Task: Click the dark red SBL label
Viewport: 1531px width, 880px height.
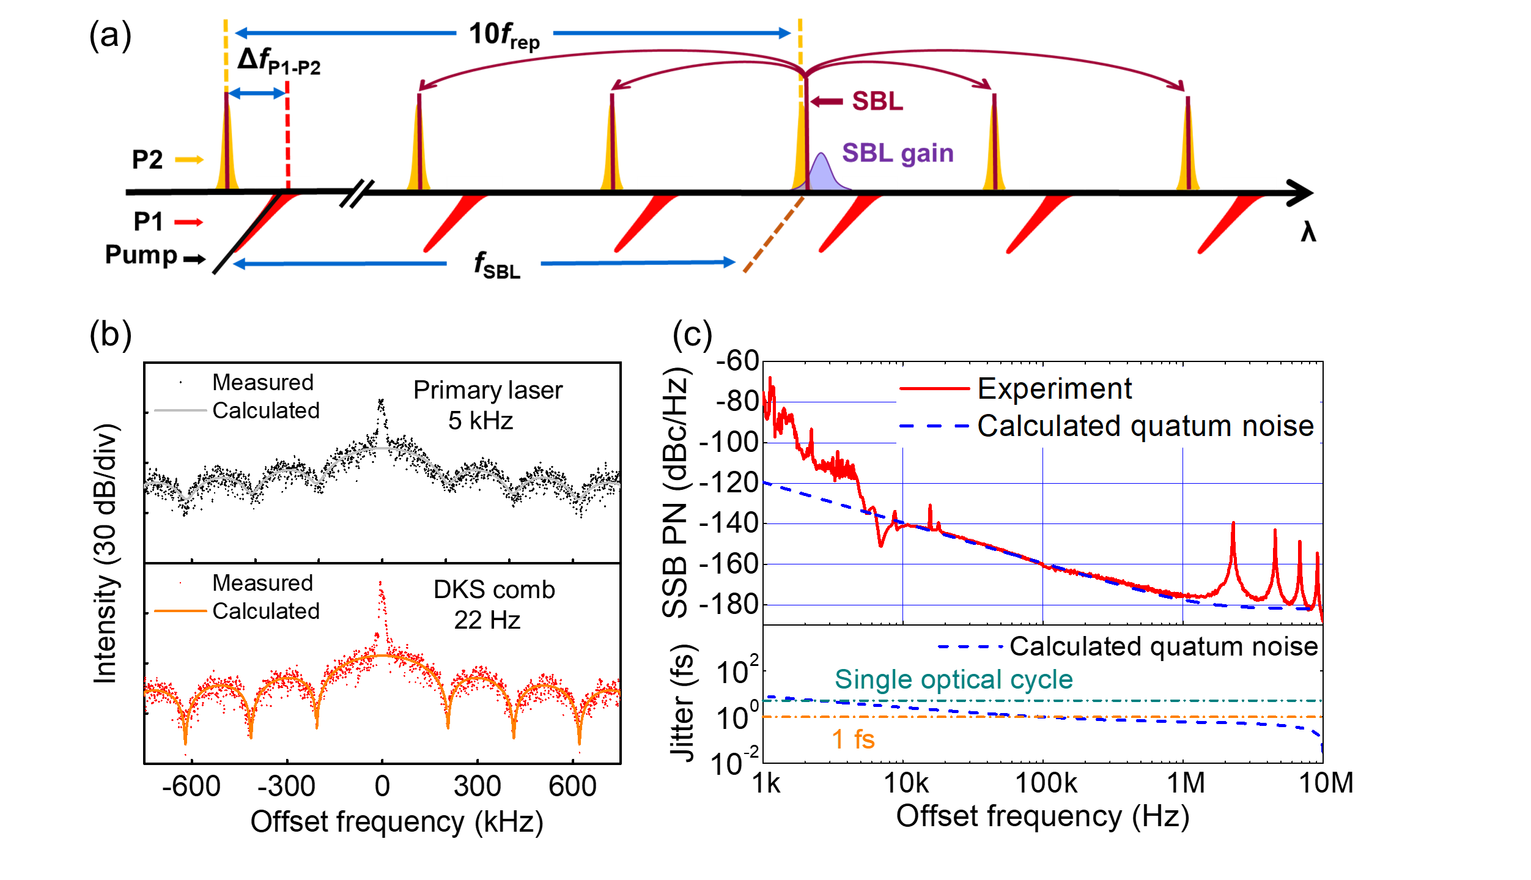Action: [x=877, y=102]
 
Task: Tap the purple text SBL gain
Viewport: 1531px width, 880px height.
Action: [x=897, y=153]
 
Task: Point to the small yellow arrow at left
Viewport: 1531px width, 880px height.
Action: [x=190, y=160]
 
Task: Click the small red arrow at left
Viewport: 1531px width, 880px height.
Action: [x=189, y=222]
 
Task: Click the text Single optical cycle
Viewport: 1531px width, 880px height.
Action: [x=953, y=679]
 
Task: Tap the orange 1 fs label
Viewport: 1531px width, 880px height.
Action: [x=854, y=739]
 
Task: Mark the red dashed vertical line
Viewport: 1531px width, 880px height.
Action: [x=287, y=135]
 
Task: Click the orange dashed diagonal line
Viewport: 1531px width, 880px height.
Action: [x=773, y=235]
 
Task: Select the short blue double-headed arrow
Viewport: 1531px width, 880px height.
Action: [x=257, y=94]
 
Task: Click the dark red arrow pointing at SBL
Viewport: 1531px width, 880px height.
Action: [x=827, y=102]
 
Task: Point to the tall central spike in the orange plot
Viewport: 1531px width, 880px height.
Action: [x=382, y=612]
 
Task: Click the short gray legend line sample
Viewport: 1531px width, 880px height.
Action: [x=180, y=410]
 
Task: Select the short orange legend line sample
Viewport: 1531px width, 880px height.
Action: [x=180, y=611]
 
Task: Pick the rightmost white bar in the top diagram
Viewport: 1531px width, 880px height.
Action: [x=1249, y=183]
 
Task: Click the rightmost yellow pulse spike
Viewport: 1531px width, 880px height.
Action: [x=1187, y=147]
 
